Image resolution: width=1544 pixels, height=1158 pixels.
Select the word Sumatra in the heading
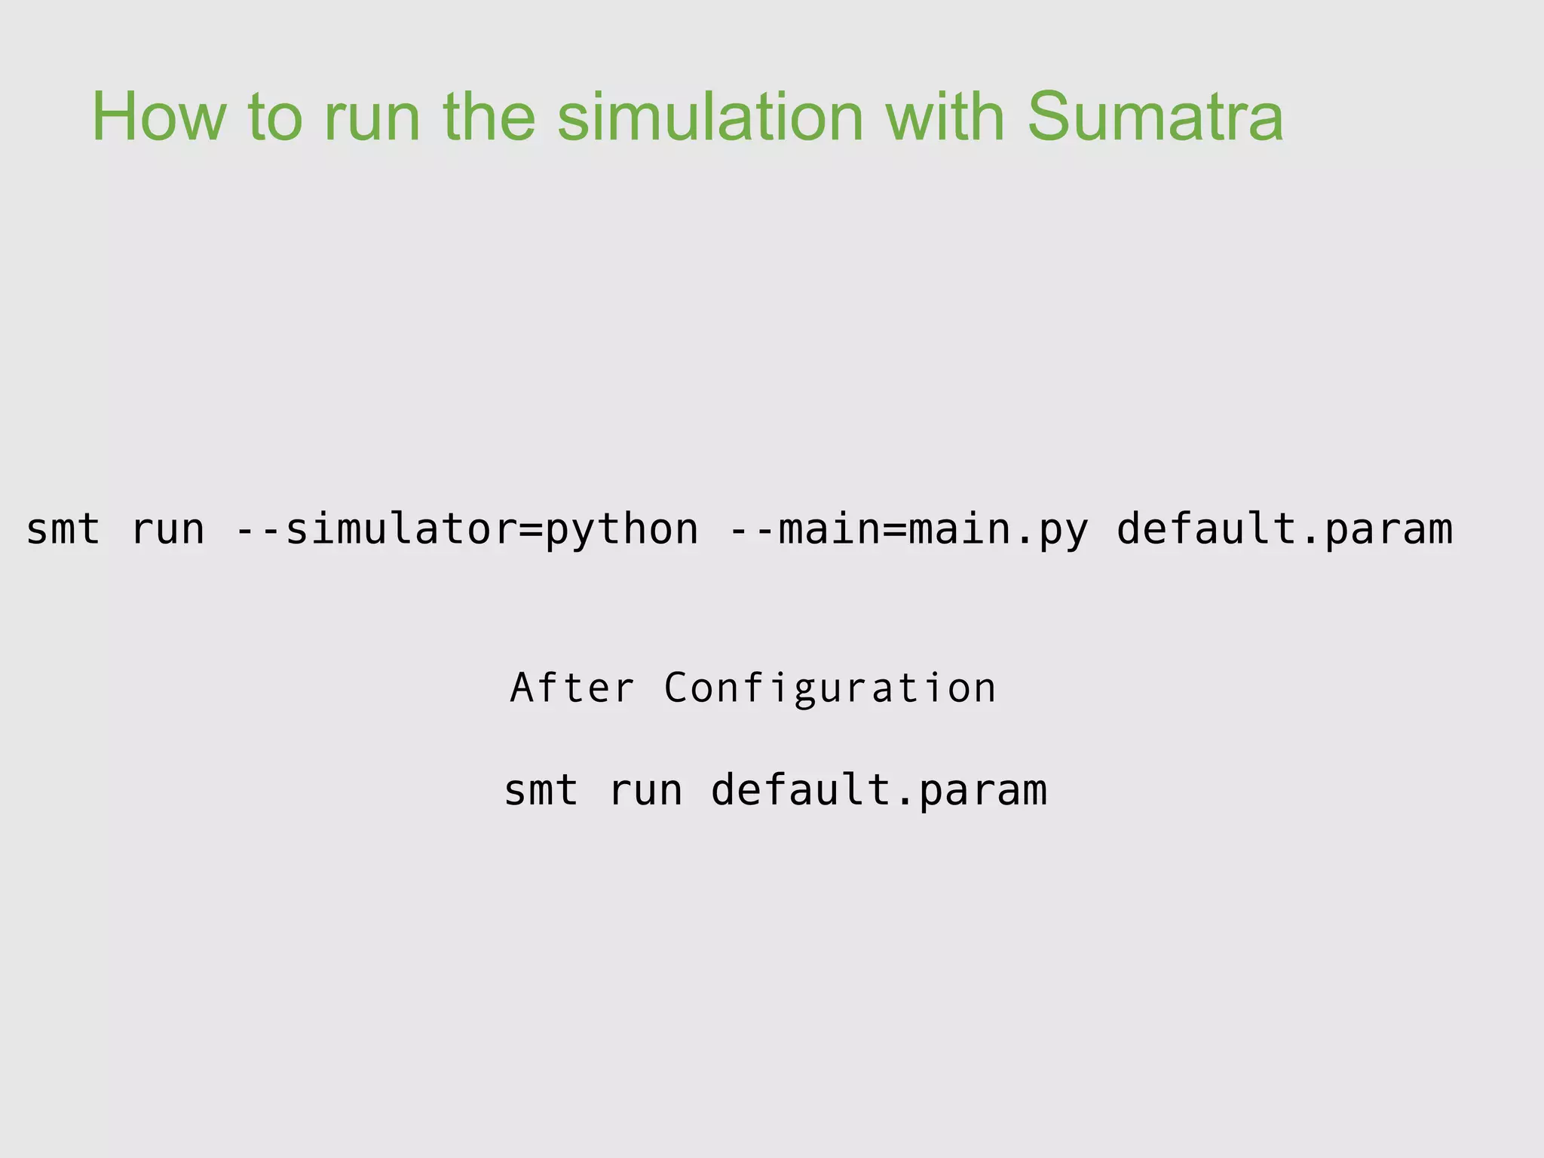tap(1154, 117)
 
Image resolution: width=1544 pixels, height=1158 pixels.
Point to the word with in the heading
tap(945, 117)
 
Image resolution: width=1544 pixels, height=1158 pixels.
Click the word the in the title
tap(489, 117)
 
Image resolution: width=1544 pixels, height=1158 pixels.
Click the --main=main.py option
tap(909, 530)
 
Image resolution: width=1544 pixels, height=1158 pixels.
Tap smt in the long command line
tap(63, 529)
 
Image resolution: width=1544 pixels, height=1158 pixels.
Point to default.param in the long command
tap(1284, 530)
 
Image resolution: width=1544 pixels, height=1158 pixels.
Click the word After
tap(572, 688)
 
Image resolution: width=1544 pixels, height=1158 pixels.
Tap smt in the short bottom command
tap(541, 791)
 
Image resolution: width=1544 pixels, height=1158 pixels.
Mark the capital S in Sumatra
tap(1050, 117)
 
